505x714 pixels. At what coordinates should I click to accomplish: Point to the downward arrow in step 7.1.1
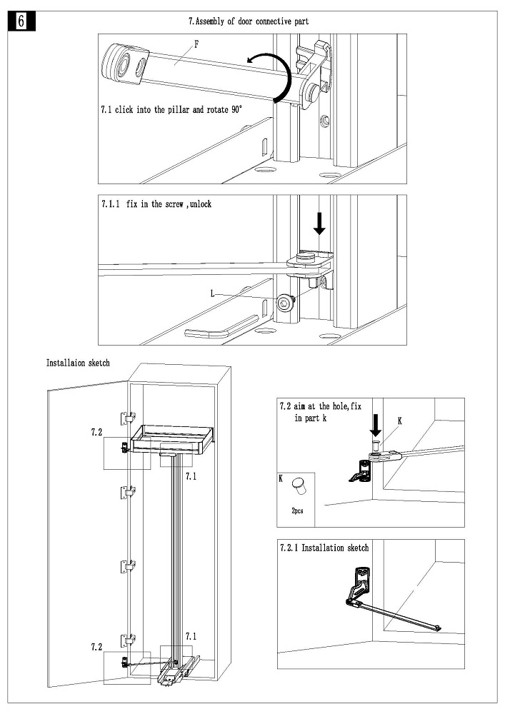[319, 223]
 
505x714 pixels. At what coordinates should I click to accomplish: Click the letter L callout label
[212, 293]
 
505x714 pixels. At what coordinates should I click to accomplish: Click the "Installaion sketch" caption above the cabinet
[78, 363]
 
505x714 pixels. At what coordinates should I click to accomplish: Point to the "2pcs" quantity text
[298, 512]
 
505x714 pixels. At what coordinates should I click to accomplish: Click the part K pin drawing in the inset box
[299, 489]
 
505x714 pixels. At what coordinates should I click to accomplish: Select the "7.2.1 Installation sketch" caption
[324, 548]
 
